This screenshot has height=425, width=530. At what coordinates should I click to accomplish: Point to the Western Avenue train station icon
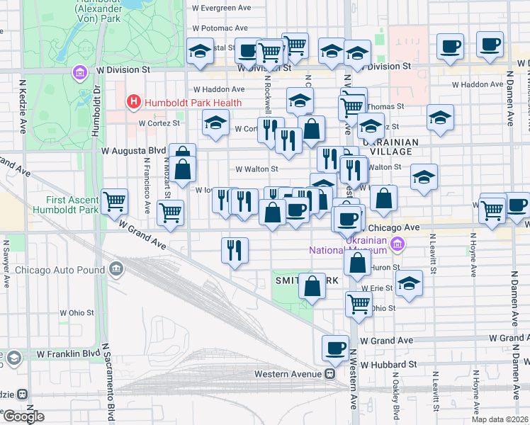point(329,373)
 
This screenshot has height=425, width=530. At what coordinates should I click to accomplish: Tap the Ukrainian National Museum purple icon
point(397,244)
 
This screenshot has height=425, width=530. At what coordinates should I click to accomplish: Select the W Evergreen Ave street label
point(222,8)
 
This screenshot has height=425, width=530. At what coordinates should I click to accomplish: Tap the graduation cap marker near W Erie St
point(408,284)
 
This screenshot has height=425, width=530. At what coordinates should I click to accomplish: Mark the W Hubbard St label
point(388,364)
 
